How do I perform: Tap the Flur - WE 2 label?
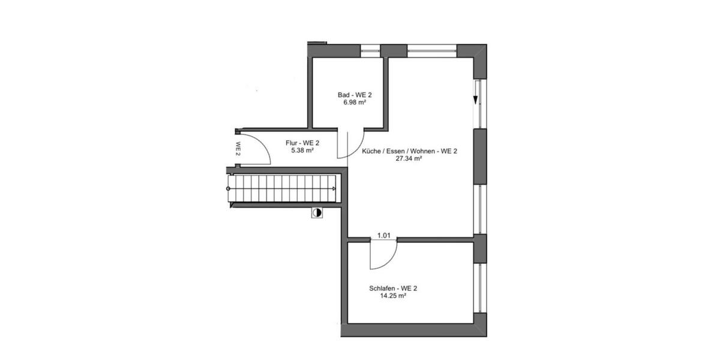(x=302, y=143)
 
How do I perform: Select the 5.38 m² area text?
(x=302, y=151)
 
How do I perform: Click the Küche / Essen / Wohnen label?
(x=410, y=151)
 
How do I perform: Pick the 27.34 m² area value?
(x=409, y=159)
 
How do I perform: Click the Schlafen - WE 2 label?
(x=393, y=288)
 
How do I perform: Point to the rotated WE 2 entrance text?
(x=238, y=148)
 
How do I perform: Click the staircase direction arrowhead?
(x=334, y=188)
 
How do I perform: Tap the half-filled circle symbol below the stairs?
(x=317, y=212)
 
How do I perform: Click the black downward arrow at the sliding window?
(x=475, y=100)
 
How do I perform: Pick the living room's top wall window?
(x=432, y=50)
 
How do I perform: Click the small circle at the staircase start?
(x=228, y=188)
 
